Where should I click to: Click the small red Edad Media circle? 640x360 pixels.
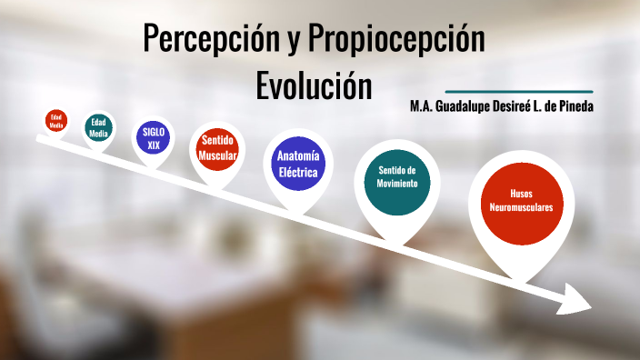[x=56, y=120]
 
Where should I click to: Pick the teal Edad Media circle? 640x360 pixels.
[x=98, y=128]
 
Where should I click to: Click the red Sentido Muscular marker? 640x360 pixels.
[x=218, y=148]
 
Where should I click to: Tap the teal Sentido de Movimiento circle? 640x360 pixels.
[x=397, y=176]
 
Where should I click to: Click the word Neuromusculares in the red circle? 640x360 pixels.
[x=520, y=207]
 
